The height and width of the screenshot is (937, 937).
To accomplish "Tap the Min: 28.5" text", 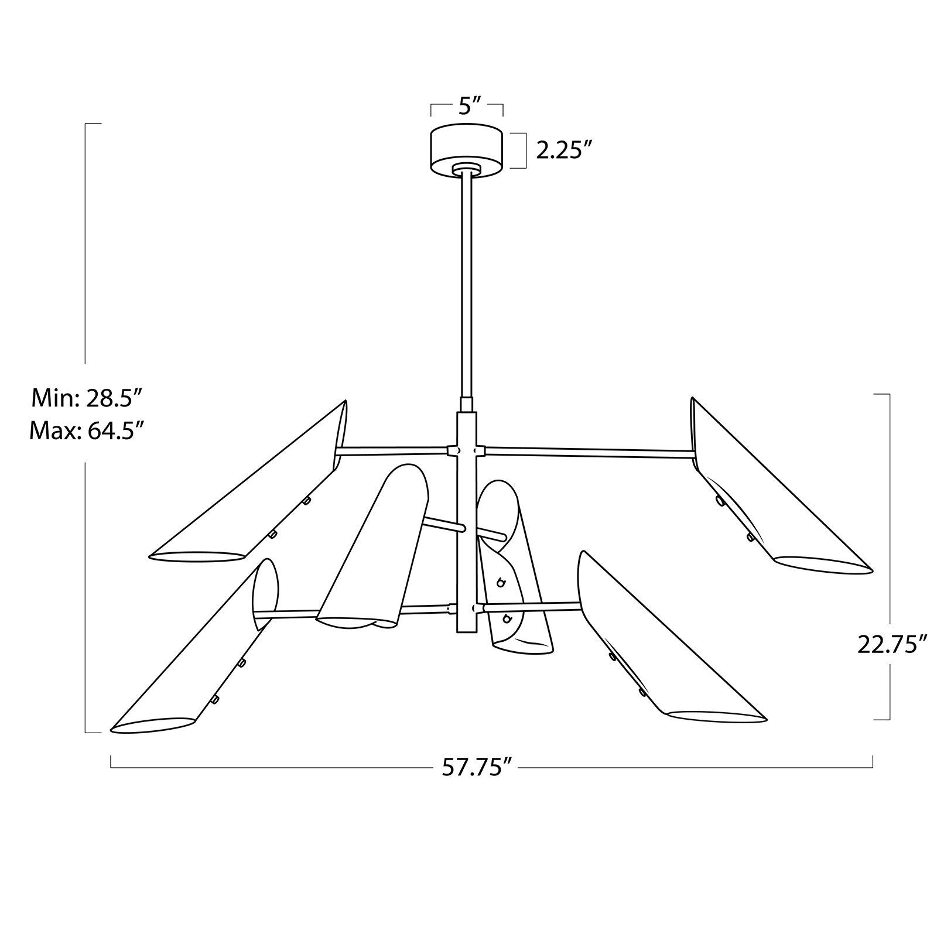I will tap(87, 399).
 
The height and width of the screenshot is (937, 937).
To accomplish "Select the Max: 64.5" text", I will tap(87, 431).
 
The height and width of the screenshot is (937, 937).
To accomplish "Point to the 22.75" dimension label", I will tap(892, 645).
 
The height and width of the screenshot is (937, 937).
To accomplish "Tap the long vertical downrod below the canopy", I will tap(467, 281).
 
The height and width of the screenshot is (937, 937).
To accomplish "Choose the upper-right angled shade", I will tap(767, 492).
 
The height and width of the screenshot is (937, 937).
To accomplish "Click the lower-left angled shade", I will tap(199, 656).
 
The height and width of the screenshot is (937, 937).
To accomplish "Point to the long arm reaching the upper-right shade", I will tap(586, 451).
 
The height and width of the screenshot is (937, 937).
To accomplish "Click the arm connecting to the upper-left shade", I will tap(392, 451).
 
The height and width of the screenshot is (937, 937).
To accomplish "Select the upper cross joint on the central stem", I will tap(467, 450).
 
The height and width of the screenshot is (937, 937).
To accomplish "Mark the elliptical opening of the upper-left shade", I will tap(196, 555).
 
